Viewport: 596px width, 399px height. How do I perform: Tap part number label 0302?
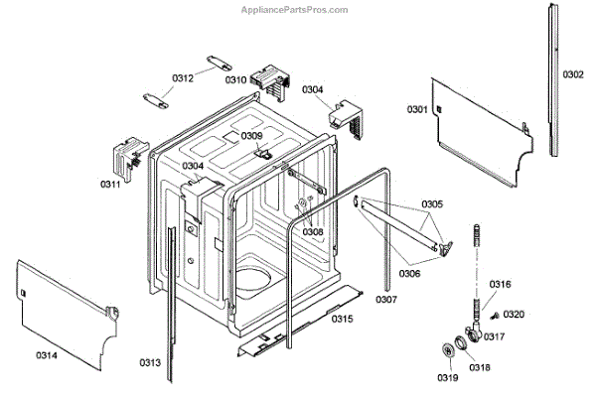click(573, 73)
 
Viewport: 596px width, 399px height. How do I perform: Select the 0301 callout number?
click(416, 108)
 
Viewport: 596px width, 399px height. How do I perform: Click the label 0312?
click(182, 78)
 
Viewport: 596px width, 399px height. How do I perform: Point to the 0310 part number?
click(235, 79)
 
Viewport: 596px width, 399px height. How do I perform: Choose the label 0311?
click(109, 184)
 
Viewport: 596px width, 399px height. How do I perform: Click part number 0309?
click(252, 136)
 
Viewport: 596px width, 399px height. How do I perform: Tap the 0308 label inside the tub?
click(313, 231)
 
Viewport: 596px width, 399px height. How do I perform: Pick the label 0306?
click(409, 273)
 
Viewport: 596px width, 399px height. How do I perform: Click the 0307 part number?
click(385, 298)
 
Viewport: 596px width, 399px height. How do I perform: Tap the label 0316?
click(502, 284)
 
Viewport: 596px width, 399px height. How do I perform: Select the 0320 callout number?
click(514, 314)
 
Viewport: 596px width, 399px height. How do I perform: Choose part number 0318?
click(480, 367)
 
